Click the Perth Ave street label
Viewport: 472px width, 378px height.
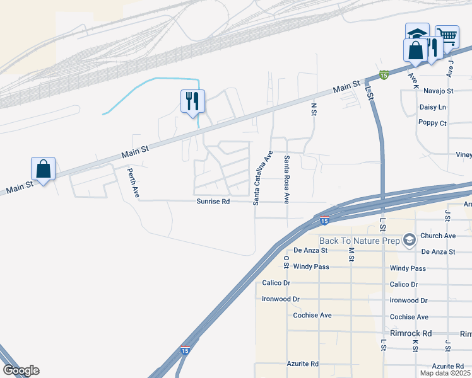[133, 183]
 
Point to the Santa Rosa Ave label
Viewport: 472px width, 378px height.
[286, 180]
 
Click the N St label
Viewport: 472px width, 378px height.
[313, 110]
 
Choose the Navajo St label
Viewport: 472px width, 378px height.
[439, 91]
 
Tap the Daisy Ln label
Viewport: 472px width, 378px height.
[433, 107]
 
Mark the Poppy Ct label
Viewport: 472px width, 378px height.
[433, 123]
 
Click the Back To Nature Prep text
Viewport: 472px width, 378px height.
[359, 241]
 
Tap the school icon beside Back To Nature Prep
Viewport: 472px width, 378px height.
[410, 240]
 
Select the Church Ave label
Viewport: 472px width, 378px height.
[437, 236]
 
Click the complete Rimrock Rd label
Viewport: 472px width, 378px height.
[410, 333]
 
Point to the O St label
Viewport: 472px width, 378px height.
[286, 261]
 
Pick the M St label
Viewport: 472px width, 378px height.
[351, 254]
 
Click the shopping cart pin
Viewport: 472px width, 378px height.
[447, 37]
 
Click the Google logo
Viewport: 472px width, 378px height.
[21, 370]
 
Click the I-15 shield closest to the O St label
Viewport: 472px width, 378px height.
[324, 220]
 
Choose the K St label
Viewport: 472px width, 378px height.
[415, 346]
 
